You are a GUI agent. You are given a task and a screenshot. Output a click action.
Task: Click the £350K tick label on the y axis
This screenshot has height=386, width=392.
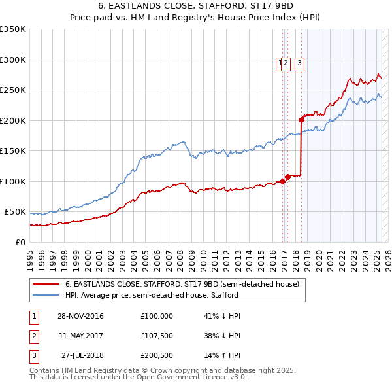pos(13,29)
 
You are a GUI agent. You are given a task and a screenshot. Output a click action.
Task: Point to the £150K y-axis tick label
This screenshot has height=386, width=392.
pos(13,151)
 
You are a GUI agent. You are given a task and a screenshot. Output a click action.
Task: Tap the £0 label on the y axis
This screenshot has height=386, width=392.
pos(20,242)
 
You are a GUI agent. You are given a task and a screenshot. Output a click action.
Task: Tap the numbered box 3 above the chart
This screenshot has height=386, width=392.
pos(299,63)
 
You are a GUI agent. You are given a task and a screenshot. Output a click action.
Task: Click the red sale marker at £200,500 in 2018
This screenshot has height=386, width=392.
pos(301,120)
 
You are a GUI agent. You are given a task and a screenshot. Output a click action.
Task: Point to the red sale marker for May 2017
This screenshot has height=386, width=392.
pos(287,177)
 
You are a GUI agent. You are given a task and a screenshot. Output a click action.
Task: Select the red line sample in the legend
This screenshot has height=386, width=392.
pos(46,284)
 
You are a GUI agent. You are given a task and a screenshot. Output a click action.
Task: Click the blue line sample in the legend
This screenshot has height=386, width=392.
pos(46,295)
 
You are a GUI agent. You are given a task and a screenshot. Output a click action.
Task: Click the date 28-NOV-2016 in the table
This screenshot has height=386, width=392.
pos(80,316)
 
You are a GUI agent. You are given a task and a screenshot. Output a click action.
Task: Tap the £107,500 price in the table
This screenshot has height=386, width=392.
pos(157,336)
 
